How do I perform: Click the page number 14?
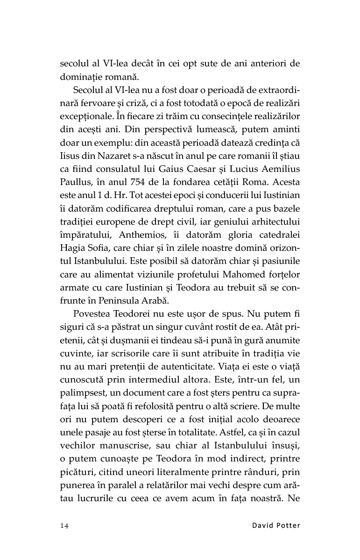pyautogui.click(x=64, y=526)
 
